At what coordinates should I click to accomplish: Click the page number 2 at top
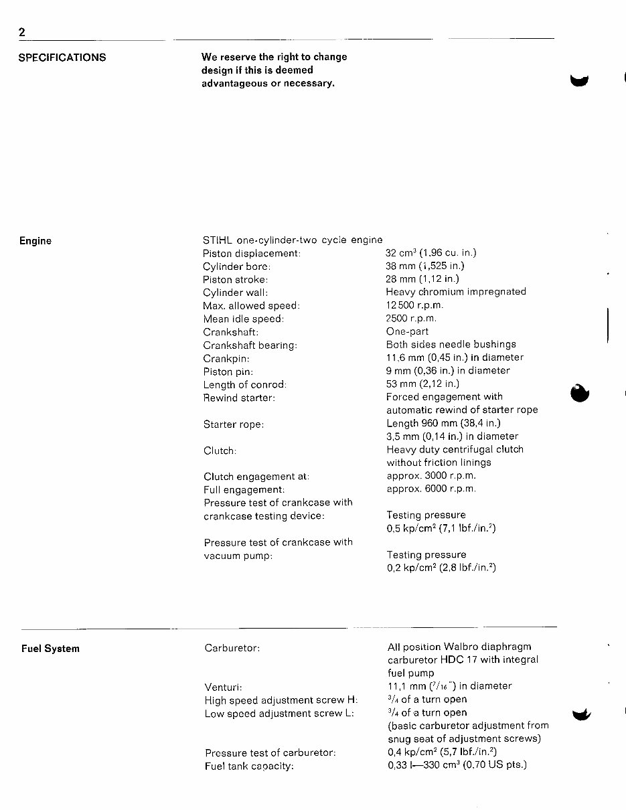point(22,33)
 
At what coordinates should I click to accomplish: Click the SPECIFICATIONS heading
point(62,58)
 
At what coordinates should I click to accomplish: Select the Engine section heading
point(35,241)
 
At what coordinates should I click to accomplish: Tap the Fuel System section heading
point(50,649)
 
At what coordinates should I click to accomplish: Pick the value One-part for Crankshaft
point(407,331)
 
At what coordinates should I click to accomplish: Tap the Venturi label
point(222,687)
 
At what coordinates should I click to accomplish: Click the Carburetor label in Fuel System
point(232,648)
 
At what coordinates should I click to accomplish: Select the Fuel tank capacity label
point(249,766)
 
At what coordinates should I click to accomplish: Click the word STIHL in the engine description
point(216,240)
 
